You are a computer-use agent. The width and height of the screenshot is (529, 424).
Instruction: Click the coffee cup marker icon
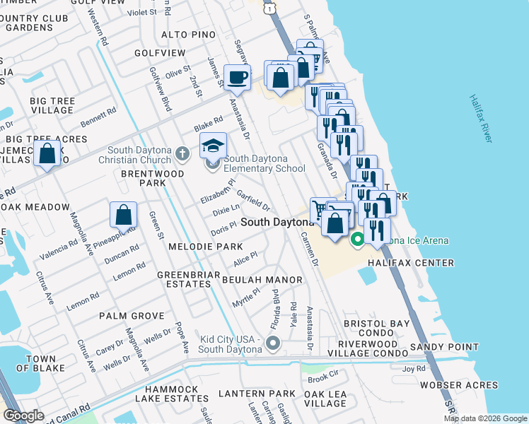pos(237,77)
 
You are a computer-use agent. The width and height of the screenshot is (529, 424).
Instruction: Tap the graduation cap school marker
pos(213,146)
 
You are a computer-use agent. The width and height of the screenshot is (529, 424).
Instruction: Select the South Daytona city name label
pos(277,222)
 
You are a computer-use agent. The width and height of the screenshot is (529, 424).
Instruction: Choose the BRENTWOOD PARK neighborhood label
pos(152,178)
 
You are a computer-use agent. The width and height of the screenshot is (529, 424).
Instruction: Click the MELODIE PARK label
pos(205,247)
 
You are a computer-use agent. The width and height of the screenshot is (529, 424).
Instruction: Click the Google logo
pos(23,416)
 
